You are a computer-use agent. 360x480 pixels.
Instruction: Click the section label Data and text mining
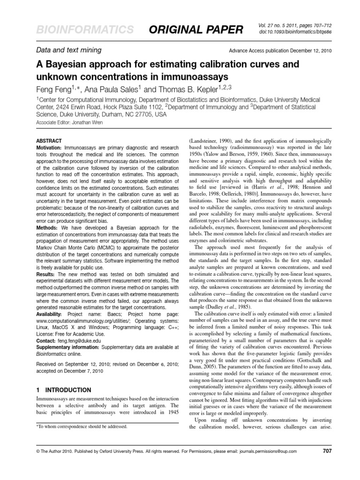tap(69, 50)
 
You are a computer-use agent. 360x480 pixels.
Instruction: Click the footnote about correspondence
tap(82, 427)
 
